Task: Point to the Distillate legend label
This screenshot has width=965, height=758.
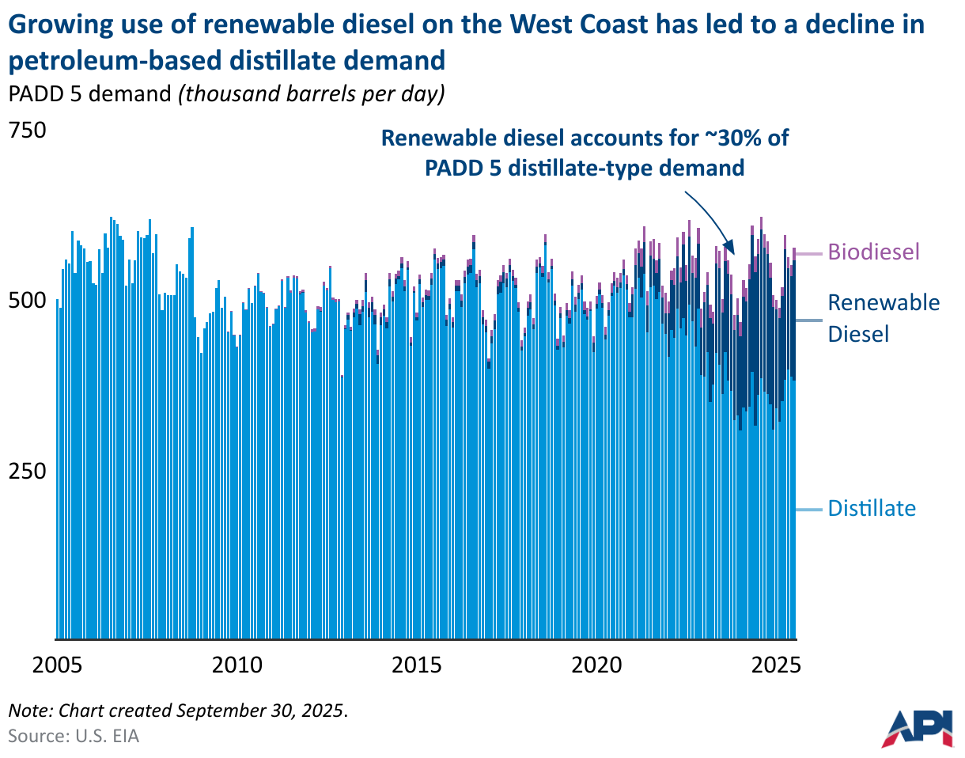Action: click(872, 508)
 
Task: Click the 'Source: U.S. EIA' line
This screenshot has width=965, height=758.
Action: click(74, 736)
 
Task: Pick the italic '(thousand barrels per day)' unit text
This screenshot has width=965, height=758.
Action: click(312, 93)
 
